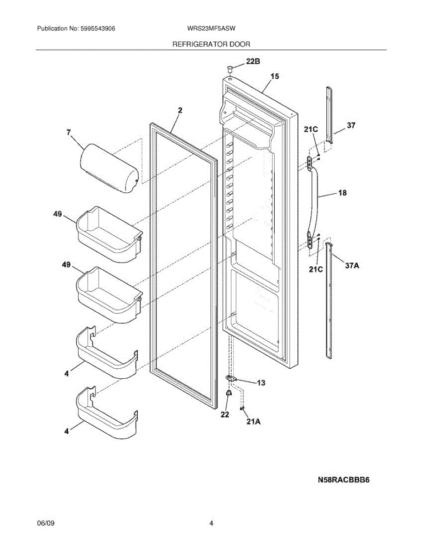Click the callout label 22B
254,61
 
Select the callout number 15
275,76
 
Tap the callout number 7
68,133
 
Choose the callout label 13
261,383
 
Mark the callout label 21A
253,422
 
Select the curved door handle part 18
314,201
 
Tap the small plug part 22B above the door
230,69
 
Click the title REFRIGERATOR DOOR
211,44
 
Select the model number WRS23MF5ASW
211,28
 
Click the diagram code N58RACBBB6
344,480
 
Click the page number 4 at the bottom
211,523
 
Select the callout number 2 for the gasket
180,110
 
